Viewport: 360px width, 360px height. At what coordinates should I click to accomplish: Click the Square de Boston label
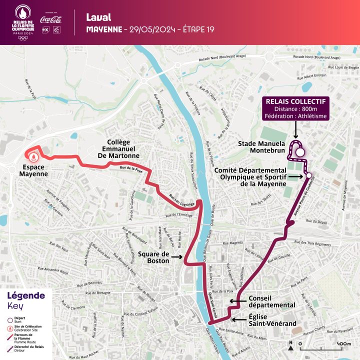[x=153, y=258]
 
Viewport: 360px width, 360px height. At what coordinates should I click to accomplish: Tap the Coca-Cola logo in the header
[x=52, y=19]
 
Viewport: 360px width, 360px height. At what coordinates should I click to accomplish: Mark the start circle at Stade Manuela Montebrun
[x=299, y=153]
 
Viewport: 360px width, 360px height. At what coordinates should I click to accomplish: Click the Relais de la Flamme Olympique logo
[x=22, y=23]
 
